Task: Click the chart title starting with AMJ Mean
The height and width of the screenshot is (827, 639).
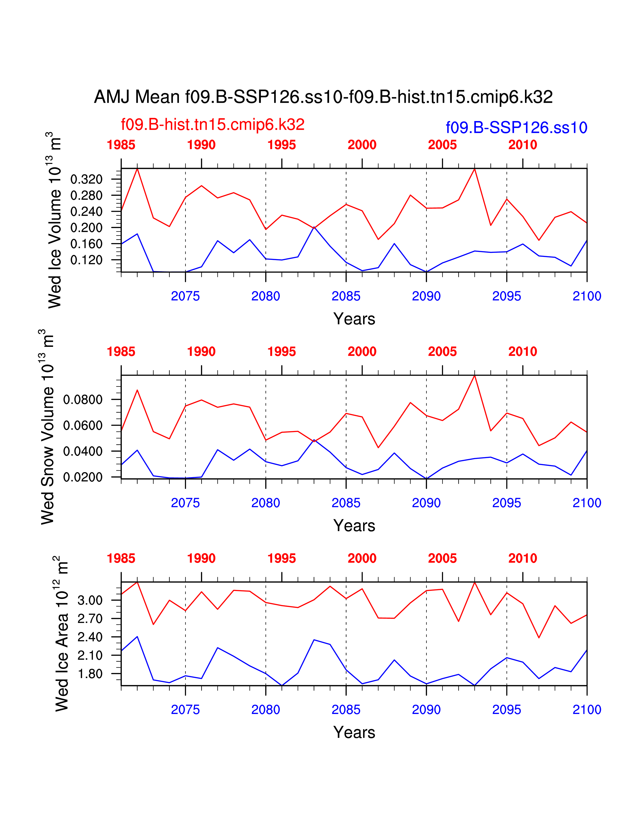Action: pos(323,97)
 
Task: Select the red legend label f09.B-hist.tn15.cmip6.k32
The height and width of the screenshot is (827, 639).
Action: pos(212,125)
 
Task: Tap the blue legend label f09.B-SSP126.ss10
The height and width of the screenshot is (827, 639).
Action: pos(516,128)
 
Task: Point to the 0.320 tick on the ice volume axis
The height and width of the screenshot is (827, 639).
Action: pos(86,179)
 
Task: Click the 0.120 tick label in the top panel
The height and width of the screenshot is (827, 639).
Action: pos(86,260)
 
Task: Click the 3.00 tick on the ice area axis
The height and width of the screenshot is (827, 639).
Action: pos(90,600)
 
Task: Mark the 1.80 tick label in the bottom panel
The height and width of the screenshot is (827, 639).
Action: pos(90,674)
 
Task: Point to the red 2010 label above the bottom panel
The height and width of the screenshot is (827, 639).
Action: pos(523,558)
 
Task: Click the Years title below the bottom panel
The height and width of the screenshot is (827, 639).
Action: pos(354,732)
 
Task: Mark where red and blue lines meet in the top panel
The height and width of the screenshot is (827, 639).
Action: pos(314,228)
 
